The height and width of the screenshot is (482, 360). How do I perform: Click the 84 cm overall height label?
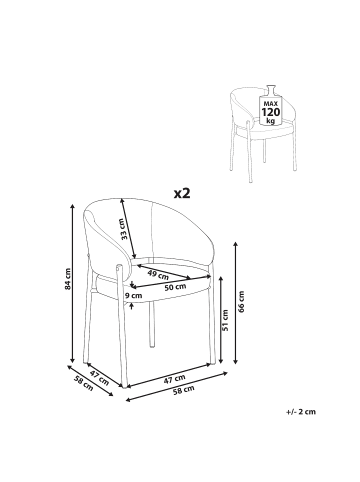coord(68,279)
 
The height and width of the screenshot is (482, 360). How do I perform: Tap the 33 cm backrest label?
coord(124,229)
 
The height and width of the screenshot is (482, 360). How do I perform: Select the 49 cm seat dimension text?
coord(158,275)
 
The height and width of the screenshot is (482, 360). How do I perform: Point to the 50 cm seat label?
coord(176,287)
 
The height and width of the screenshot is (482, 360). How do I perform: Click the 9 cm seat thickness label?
coord(133,295)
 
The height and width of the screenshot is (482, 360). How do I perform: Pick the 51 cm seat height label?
coord(225,320)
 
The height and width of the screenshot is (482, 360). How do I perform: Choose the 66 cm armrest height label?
coord(242,302)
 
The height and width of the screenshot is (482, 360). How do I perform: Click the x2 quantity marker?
coord(182,193)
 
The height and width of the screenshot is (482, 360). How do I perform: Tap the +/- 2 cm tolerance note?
coord(301,412)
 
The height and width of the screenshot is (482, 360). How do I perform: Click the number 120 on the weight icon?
coord(271,112)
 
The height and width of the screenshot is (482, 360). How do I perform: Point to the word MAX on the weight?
coord(271,104)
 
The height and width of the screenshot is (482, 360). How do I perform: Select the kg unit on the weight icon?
coord(271,120)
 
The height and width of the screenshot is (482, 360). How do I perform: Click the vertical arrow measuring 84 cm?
coord(73,283)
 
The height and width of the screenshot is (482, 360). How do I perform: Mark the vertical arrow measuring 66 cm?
coord(235,303)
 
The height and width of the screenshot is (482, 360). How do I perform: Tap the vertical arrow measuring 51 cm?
coord(220,320)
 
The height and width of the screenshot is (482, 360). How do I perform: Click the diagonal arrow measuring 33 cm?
coord(129,228)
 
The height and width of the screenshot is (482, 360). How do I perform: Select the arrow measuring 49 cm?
coord(164,272)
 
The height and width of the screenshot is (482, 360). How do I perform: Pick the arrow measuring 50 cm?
coord(170,281)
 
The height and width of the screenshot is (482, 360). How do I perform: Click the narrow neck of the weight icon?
coord(271,90)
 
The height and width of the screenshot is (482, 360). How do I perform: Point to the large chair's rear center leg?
coord(152,323)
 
